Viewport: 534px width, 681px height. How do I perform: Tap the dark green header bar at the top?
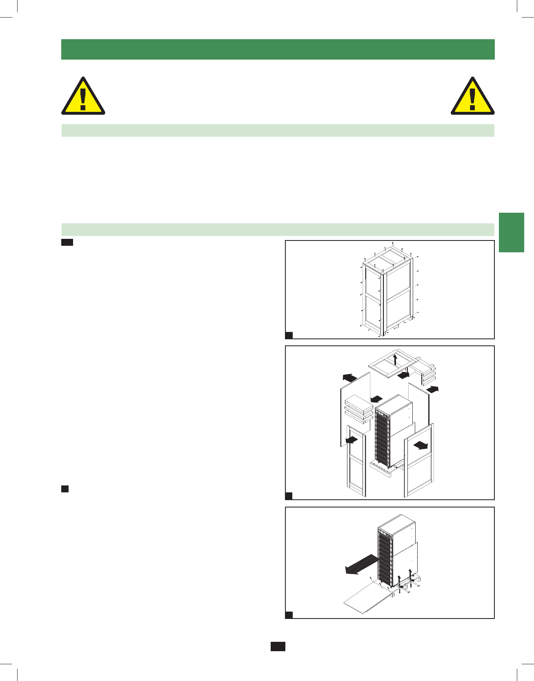[278, 49]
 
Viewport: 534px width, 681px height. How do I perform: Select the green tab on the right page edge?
[511, 232]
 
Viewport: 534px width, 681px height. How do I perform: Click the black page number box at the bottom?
[278, 646]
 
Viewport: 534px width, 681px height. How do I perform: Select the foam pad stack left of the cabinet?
[358, 409]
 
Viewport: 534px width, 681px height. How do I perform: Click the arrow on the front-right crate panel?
[421, 445]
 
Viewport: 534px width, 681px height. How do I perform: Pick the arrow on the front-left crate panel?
[352, 440]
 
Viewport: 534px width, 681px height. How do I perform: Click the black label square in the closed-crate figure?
[289, 336]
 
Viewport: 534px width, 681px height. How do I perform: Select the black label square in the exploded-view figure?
[289, 496]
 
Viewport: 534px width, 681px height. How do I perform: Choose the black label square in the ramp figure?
[289, 615]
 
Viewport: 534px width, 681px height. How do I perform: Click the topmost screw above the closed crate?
[393, 243]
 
